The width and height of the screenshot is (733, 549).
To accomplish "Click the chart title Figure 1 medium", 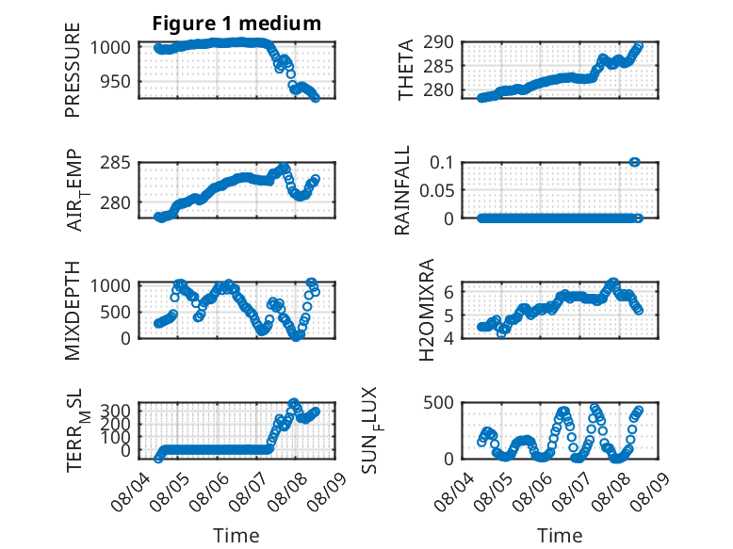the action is point(236,24).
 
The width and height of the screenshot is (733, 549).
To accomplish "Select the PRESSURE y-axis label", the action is point(73,70).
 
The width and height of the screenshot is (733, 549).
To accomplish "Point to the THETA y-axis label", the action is point(406,70).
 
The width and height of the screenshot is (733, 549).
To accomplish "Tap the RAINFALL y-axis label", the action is point(402,190).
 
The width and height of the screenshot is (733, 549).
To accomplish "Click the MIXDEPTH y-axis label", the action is point(73,311).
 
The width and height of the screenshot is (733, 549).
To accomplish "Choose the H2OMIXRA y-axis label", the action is point(427,310).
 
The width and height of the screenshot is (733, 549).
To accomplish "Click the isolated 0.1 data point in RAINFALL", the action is point(634,162).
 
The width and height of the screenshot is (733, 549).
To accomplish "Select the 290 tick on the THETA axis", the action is point(438,42).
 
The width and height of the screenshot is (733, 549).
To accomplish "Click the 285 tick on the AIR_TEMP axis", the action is point(115,163).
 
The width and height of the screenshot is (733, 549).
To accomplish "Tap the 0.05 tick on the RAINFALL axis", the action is point(436,190).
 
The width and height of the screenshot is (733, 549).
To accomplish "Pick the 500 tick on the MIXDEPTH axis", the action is point(115,312).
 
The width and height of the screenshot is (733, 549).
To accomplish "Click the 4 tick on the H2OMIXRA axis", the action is point(448,338).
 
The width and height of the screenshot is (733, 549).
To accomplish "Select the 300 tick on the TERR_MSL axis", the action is point(115,411).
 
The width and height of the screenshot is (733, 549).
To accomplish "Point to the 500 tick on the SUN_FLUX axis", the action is point(438,402).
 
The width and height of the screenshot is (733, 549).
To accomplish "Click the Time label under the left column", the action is point(236,535).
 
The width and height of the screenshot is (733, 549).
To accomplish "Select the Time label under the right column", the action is point(560,535).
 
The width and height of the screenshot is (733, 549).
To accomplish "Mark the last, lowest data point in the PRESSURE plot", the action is point(316,98).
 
